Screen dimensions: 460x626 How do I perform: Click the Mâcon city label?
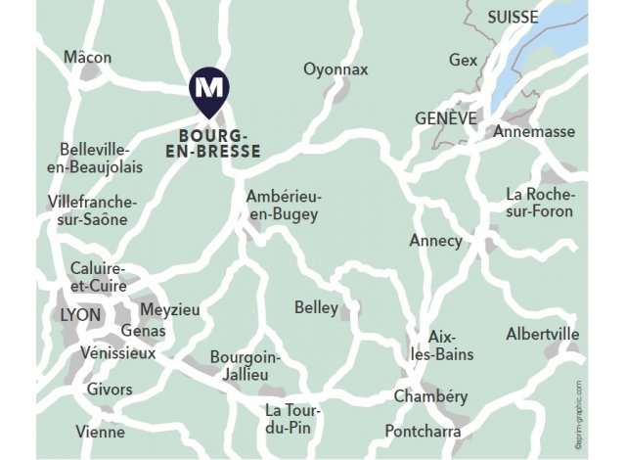tap(88, 58)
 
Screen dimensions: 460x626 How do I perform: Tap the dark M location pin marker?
tap(206, 88)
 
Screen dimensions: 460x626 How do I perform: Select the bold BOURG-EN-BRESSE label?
tap(220, 143)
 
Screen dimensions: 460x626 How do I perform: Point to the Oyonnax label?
tap(335, 69)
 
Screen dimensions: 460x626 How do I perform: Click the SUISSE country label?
tap(512, 18)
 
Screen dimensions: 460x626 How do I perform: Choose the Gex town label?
tap(463, 61)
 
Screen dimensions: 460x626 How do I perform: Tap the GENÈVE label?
tap(445, 117)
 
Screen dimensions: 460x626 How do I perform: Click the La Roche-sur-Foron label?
tap(540, 203)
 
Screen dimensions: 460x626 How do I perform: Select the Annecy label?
tap(435, 241)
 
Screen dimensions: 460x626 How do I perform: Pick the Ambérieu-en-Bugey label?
tap(284, 206)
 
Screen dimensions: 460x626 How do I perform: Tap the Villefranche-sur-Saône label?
tap(92, 210)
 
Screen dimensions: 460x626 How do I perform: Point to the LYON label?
tap(80, 316)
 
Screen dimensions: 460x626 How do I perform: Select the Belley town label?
tap(316, 308)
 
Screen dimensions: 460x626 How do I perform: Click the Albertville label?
tap(542, 335)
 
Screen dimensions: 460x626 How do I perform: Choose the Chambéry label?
tap(430, 396)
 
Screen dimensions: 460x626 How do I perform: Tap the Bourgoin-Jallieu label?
tap(246, 366)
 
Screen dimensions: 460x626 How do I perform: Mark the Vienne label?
tap(101, 432)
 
